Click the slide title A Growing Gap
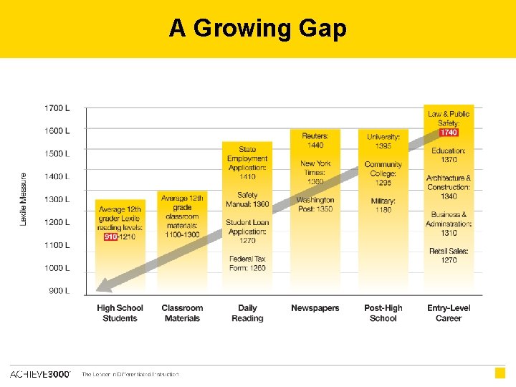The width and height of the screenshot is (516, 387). tap(258, 28)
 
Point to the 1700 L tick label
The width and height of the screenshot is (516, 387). tap(57, 108)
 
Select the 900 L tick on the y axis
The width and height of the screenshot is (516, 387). tap(59, 291)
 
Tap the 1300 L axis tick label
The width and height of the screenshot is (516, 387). tap(57, 199)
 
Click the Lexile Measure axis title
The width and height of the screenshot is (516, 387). tap(24, 199)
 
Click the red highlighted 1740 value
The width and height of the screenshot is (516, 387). tap(449, 133)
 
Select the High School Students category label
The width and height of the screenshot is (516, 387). tap(120, 313)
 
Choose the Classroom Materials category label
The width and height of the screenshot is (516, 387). tap(182, 313)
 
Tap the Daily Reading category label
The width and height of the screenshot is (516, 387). tap(247, 313)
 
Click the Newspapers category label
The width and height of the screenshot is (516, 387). tap(315, 308)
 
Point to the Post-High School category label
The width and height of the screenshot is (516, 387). tap(383, 313)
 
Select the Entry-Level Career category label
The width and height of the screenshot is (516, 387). tap(449, 313)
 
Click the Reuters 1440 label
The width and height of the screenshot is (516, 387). tap(315, 140)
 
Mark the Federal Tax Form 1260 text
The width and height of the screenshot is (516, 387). tap(247, 263)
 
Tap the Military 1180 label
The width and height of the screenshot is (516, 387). tap(383, 206)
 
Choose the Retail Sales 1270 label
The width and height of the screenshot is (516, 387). tap(449, 255)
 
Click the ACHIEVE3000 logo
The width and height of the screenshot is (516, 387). tap(40, 374)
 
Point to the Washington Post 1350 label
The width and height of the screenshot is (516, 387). tap(315, 204)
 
